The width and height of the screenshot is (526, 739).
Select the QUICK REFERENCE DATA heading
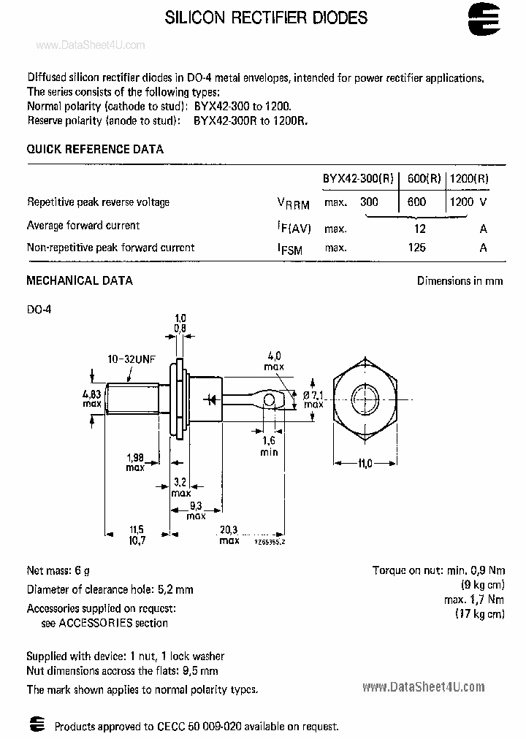pos(95,149)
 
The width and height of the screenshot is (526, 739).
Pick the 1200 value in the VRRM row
pos(461,202)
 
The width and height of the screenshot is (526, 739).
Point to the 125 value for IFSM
pos(417,248)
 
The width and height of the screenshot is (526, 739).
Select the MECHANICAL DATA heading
pos(80,280)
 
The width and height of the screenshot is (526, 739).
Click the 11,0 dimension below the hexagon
pos(365,463)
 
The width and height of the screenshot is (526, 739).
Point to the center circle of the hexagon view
pos(365,398)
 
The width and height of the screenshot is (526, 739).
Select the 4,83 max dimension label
pos(91,398)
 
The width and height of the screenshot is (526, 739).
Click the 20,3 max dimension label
pos(229,535)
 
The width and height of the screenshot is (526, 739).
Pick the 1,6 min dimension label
pos(270,446)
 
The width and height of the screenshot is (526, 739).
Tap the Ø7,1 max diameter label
pos(313,399)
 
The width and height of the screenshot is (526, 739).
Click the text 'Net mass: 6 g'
pos(58,570)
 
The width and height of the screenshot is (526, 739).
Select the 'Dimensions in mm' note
pos(460,280)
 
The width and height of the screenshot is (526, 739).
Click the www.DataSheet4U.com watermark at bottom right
pos(423,686)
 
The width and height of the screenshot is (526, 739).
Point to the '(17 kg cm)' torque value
pos(479,614)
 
